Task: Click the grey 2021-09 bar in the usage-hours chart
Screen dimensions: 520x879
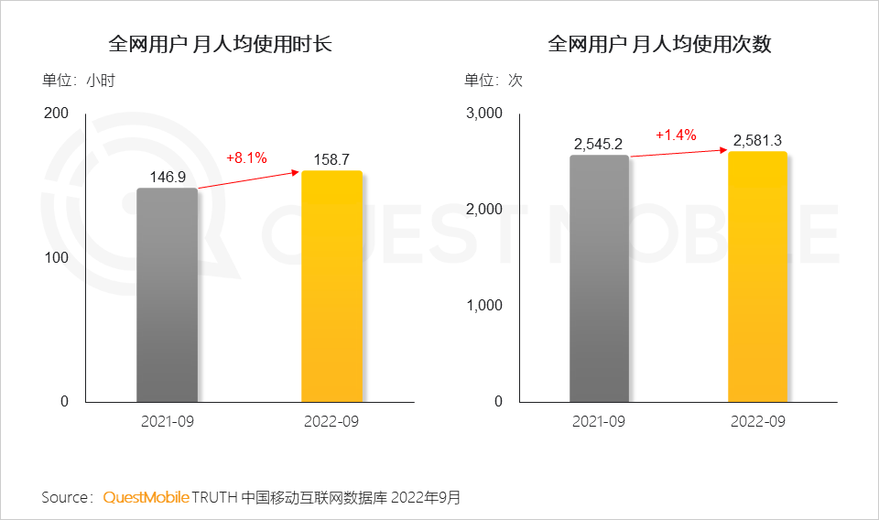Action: point(168,295)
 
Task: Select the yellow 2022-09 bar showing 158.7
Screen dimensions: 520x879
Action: point(331,287)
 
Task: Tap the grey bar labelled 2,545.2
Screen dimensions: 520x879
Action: point(599,278)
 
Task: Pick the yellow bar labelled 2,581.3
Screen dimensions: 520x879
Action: point(757,276)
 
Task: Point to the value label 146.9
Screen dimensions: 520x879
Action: point(168,177)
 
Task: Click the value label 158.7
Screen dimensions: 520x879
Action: point(331,159)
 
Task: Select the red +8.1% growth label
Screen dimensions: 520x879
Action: point(246,157)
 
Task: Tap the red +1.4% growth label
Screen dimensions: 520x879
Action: point(676,135)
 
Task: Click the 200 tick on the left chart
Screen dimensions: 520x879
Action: point(57,114)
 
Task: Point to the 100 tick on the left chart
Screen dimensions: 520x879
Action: point(57,257)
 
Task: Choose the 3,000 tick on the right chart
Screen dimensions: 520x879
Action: point(485,114)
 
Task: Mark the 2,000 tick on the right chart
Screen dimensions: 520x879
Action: point(485,210)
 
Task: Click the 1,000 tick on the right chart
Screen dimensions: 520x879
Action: point(485,306)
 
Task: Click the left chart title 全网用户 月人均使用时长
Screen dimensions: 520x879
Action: point(220,44)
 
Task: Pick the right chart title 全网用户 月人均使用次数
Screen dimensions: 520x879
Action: point(659,44)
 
